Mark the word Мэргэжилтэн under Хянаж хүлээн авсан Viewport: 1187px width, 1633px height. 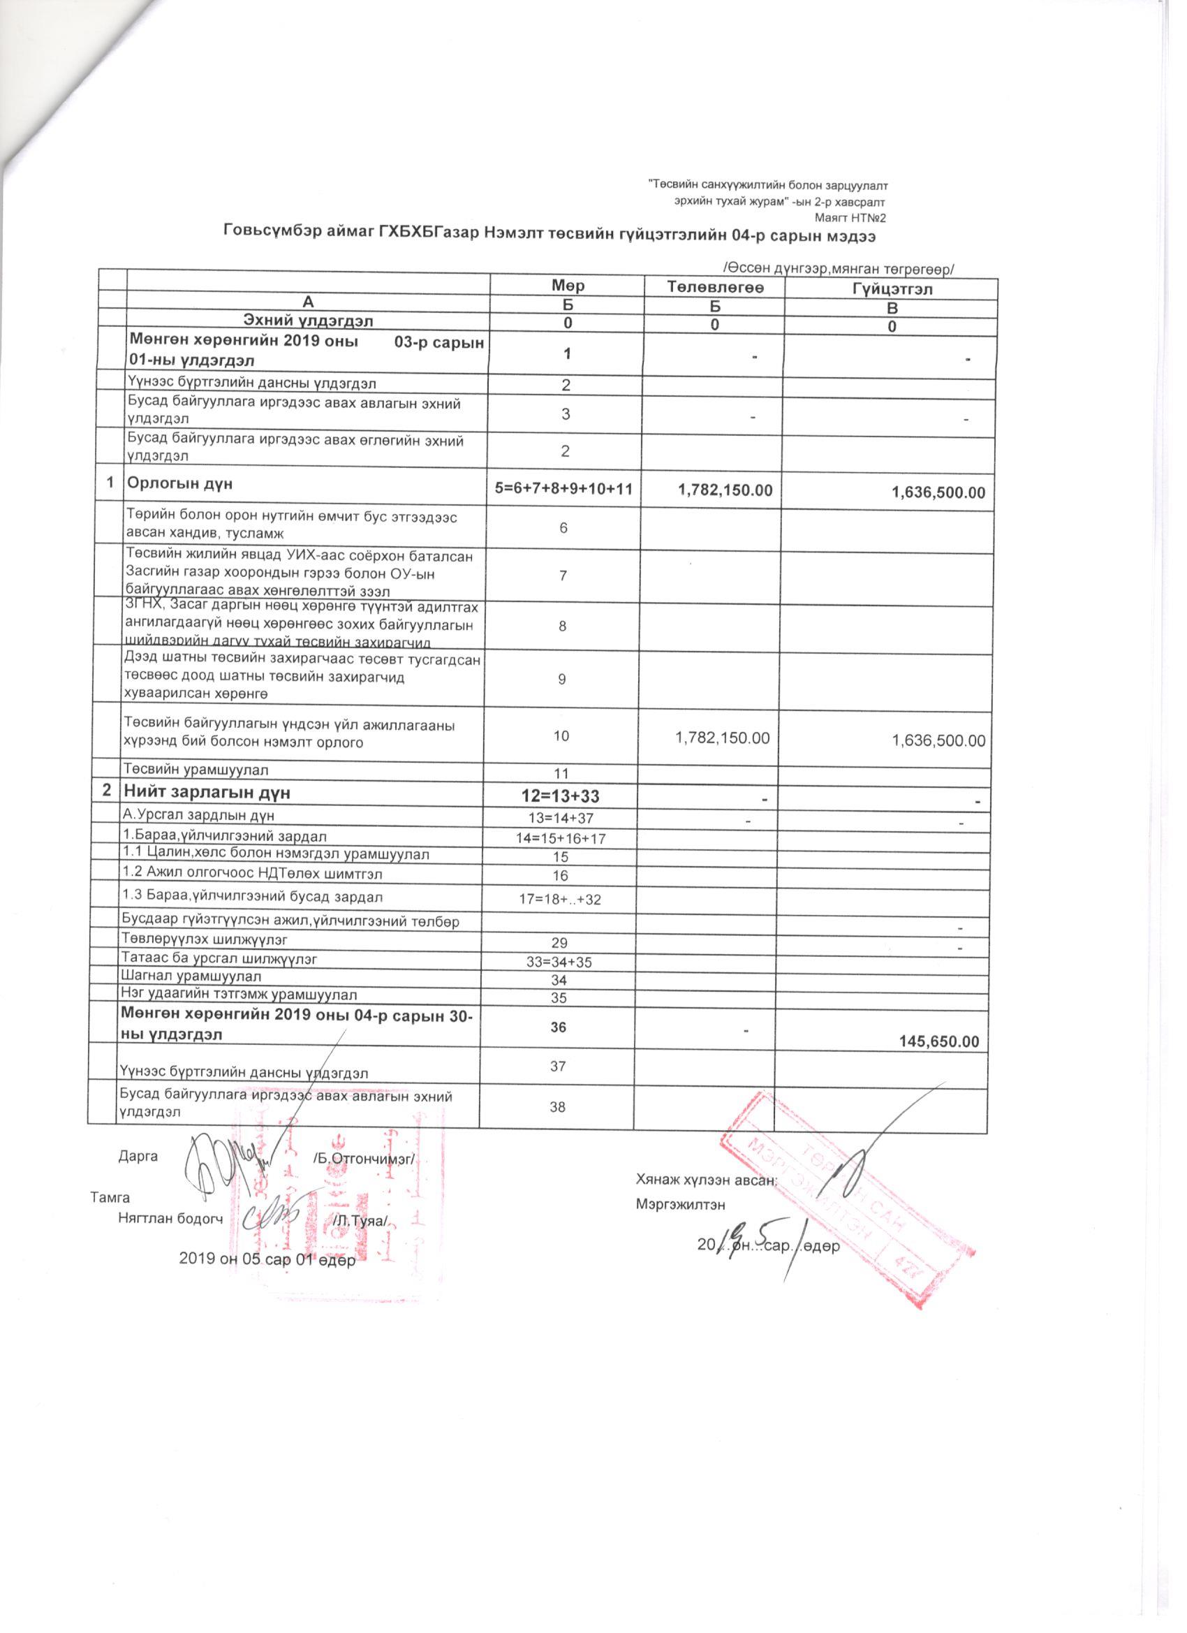(x=680, y=1204)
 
